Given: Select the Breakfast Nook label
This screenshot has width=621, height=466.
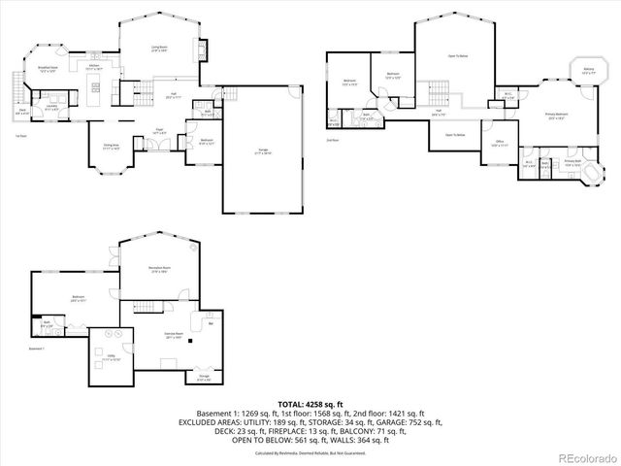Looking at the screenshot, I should (x=48, y=69).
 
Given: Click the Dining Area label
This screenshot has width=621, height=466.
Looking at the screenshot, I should (x=112, y=147).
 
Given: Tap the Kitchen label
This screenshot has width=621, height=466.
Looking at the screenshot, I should (x=94, y=69).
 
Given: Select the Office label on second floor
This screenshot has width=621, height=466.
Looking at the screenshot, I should (x=500, y=142).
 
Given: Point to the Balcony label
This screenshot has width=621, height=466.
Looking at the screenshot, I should (x=589, y=70).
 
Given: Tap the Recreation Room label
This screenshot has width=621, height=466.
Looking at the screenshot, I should (x=160, y=269).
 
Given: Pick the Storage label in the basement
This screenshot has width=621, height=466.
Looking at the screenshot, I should (x=204, y=377).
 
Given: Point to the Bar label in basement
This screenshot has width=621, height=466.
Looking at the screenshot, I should (x=211, y=324).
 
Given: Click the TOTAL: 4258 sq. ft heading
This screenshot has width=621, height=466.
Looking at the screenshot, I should (x=310, y=403).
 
